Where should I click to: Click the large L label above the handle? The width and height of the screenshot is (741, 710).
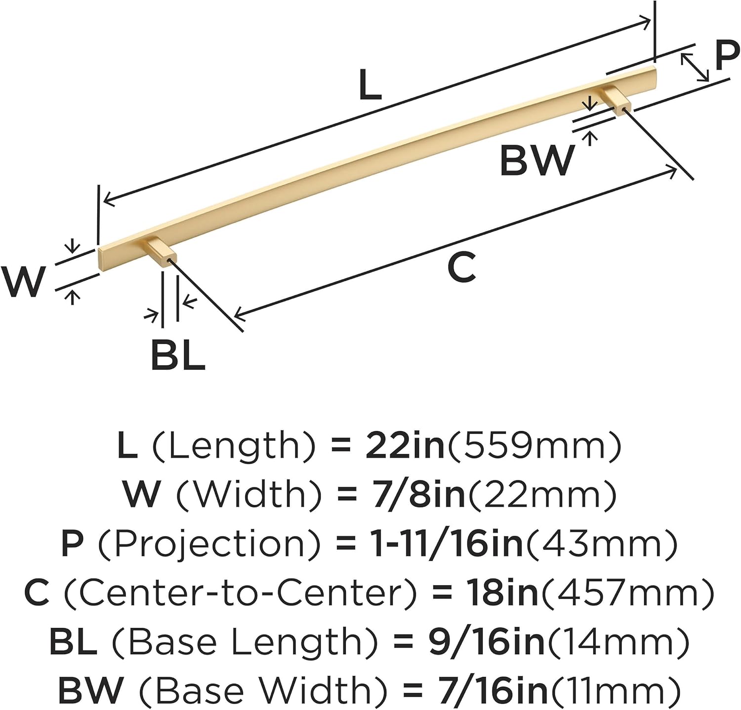pyautogui.click(x=370, y=85)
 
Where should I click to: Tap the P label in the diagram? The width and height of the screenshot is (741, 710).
pyautogui.click(x=727, y=56)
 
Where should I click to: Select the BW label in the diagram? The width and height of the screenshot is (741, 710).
pyautogui.click(x=537, y=160)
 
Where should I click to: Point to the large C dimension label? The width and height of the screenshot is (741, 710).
pyautogui.click(x=461, y=267)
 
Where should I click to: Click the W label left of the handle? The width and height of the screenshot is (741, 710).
pyautogui.click(x=23, y=282)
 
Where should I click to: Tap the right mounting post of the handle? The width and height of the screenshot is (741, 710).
pyautogui.click(x=616, y=100)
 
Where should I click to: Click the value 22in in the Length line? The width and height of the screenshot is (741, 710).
pyautogui.click(x=405, y=445)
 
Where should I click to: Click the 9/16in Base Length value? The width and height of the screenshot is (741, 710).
pyautogui.click(x=486, y=642)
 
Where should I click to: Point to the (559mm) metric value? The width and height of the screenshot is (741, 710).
pyautogui.click(x=534, y=445)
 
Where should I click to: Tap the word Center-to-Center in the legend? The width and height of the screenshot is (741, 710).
pyautogui.click(x=241, y=593)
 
